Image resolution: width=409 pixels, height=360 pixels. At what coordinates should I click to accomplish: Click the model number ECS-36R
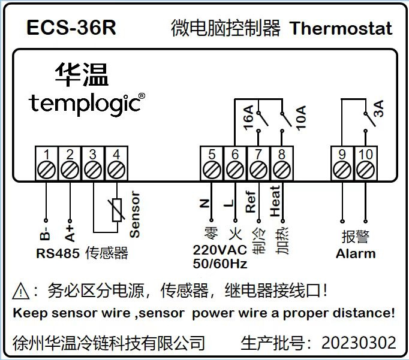click(71, 28)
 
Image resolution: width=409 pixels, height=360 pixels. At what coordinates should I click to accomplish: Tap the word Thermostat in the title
click(341, 28)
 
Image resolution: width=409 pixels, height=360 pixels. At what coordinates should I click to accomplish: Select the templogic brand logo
click(86, 104)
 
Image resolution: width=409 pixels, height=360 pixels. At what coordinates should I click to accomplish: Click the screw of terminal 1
click(46, 170)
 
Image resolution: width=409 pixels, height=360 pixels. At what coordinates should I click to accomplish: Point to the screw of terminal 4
click(116, 170)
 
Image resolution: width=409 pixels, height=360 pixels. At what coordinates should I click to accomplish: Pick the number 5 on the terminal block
click(212, 154)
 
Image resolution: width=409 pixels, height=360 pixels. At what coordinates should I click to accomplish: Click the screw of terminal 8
click(282, 170)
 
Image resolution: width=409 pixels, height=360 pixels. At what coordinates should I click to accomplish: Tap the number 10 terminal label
click(366, 154)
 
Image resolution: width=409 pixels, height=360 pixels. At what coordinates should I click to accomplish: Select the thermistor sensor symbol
click(117, 210)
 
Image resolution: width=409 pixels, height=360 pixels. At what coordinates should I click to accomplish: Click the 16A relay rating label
click(249, 117)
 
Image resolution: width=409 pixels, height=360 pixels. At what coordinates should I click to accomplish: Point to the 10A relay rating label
click(301, 118)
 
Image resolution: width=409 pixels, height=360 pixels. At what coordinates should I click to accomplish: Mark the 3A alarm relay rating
click(379, 108)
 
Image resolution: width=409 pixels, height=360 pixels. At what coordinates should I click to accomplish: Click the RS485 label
click(58, 253)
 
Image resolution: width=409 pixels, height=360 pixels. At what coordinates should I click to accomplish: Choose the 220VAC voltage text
click(219, 250)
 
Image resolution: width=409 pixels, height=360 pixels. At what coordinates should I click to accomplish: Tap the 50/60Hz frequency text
click(220, 264)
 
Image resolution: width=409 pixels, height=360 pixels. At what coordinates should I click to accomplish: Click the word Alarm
click(356, 254)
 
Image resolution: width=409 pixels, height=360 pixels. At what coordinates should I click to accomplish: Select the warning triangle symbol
click(21, 291)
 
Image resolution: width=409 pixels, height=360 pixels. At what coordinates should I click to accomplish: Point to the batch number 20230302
click(359, 343)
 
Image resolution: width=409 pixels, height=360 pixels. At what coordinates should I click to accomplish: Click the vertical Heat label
click(275, 201)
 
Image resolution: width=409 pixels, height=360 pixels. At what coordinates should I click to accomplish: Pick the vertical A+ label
click(70, 234)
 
